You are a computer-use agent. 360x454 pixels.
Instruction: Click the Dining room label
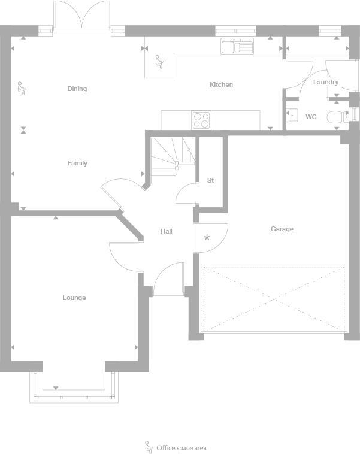77,89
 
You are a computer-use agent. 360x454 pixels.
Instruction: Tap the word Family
77,163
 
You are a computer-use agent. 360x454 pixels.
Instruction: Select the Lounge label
74,298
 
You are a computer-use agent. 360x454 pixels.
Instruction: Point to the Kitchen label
221,84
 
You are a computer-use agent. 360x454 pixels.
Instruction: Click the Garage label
282,229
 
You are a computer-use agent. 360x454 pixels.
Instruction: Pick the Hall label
167,231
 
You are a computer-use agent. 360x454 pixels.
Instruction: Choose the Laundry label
326,82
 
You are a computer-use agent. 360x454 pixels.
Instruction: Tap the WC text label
311,117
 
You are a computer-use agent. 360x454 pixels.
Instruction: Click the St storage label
210,180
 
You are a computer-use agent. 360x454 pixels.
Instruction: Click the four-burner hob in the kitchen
201,120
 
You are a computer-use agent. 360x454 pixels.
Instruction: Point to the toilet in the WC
337,117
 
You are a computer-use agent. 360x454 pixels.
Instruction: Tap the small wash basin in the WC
292,115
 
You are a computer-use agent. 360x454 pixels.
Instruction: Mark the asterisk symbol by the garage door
207,238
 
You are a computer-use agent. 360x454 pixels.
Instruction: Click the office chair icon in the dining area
23,89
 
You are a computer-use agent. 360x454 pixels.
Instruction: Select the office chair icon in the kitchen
159,62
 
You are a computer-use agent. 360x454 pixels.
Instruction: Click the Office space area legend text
181,447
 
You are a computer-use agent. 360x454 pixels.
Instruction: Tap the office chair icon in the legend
149,447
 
